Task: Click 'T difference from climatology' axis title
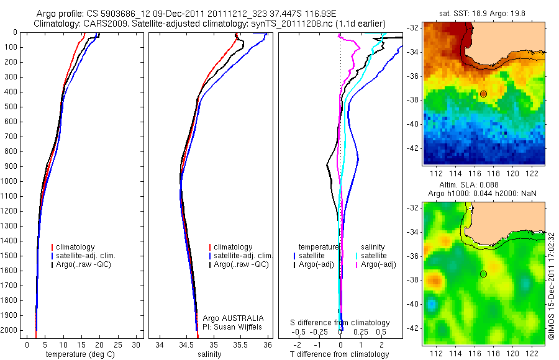point(340,354)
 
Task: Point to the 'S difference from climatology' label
point(340,323)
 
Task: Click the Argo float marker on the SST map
point(483,94)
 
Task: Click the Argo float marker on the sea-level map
point(483,274)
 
